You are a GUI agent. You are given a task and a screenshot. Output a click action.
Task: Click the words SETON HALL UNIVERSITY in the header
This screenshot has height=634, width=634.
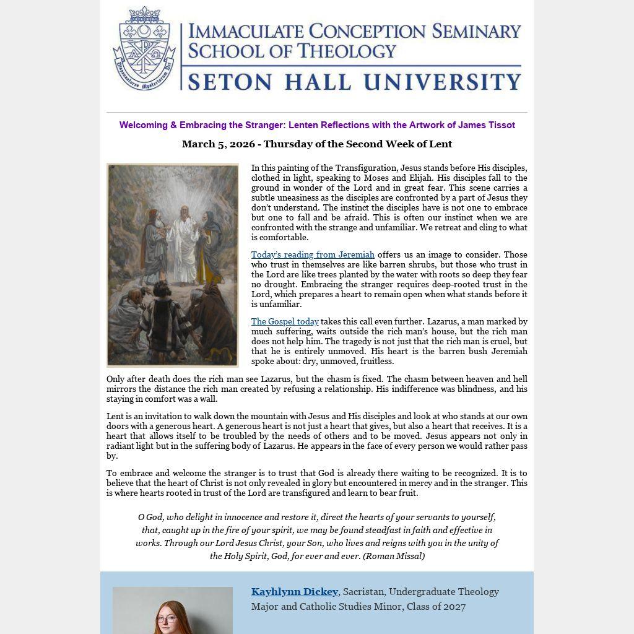point(354,82)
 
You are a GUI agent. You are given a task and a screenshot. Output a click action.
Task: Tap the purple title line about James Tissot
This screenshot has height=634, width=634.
point(317,125)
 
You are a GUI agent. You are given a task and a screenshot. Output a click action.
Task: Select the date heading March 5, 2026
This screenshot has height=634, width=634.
point(317,144)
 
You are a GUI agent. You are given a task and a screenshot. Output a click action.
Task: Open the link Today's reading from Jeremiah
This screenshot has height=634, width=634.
point(313,254)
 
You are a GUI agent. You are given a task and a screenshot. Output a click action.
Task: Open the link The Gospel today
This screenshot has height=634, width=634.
point(285,321)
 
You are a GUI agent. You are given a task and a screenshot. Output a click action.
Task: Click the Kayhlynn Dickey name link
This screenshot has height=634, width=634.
point(295,592)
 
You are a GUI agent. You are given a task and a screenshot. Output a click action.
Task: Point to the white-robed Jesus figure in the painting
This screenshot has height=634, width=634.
point(183,245)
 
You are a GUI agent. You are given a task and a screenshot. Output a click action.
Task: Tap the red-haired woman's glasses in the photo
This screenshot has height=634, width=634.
point(167,619)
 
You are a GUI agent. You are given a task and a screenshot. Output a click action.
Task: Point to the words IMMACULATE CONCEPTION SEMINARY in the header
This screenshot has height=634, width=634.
point(354,31)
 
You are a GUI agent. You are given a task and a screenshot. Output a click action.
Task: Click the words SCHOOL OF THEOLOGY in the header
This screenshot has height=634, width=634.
point(292,51)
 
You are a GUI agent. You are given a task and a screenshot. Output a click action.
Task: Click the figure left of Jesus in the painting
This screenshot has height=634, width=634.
point(154,245)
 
